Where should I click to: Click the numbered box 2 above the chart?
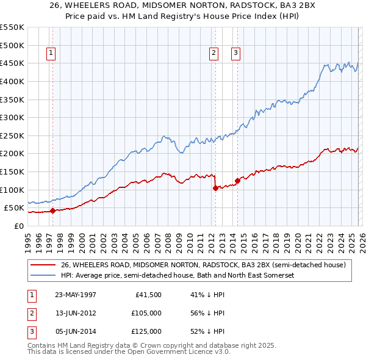(214, 54)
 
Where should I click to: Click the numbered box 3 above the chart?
(235, 54)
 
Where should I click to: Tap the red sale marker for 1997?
(52, 211)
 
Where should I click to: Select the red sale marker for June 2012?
(215, 188)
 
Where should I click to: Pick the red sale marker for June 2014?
(237, 181)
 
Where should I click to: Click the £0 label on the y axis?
(18, 226)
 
